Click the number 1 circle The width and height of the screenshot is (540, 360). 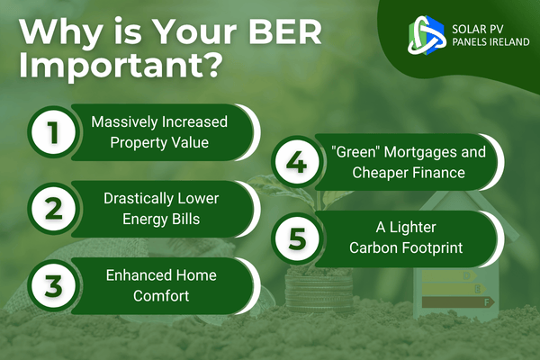coord(53,132)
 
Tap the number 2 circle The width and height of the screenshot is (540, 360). coord(53,209)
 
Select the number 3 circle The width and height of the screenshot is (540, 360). coord(53,285)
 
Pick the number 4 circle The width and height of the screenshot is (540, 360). coord(297,162)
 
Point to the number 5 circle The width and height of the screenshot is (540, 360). coord(297,238)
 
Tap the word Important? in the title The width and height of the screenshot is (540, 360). coord(120,64)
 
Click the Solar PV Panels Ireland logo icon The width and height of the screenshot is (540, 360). coord(427,35)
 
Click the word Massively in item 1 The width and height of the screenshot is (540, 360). coord(124,122)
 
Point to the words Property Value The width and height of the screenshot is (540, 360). coord(159,142)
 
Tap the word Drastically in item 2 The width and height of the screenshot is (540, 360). coord(135,198)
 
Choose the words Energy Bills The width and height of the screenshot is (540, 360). coord(161,219)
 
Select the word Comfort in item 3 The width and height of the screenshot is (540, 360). coord(161,296)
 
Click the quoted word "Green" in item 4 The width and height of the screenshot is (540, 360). coord(355,152)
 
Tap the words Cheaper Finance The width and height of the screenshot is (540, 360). coord(409,173)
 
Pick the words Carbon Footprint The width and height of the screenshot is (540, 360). coord(406,247)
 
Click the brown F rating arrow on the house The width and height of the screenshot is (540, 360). coord(458,302)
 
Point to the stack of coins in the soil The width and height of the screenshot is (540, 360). coord(319,289)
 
